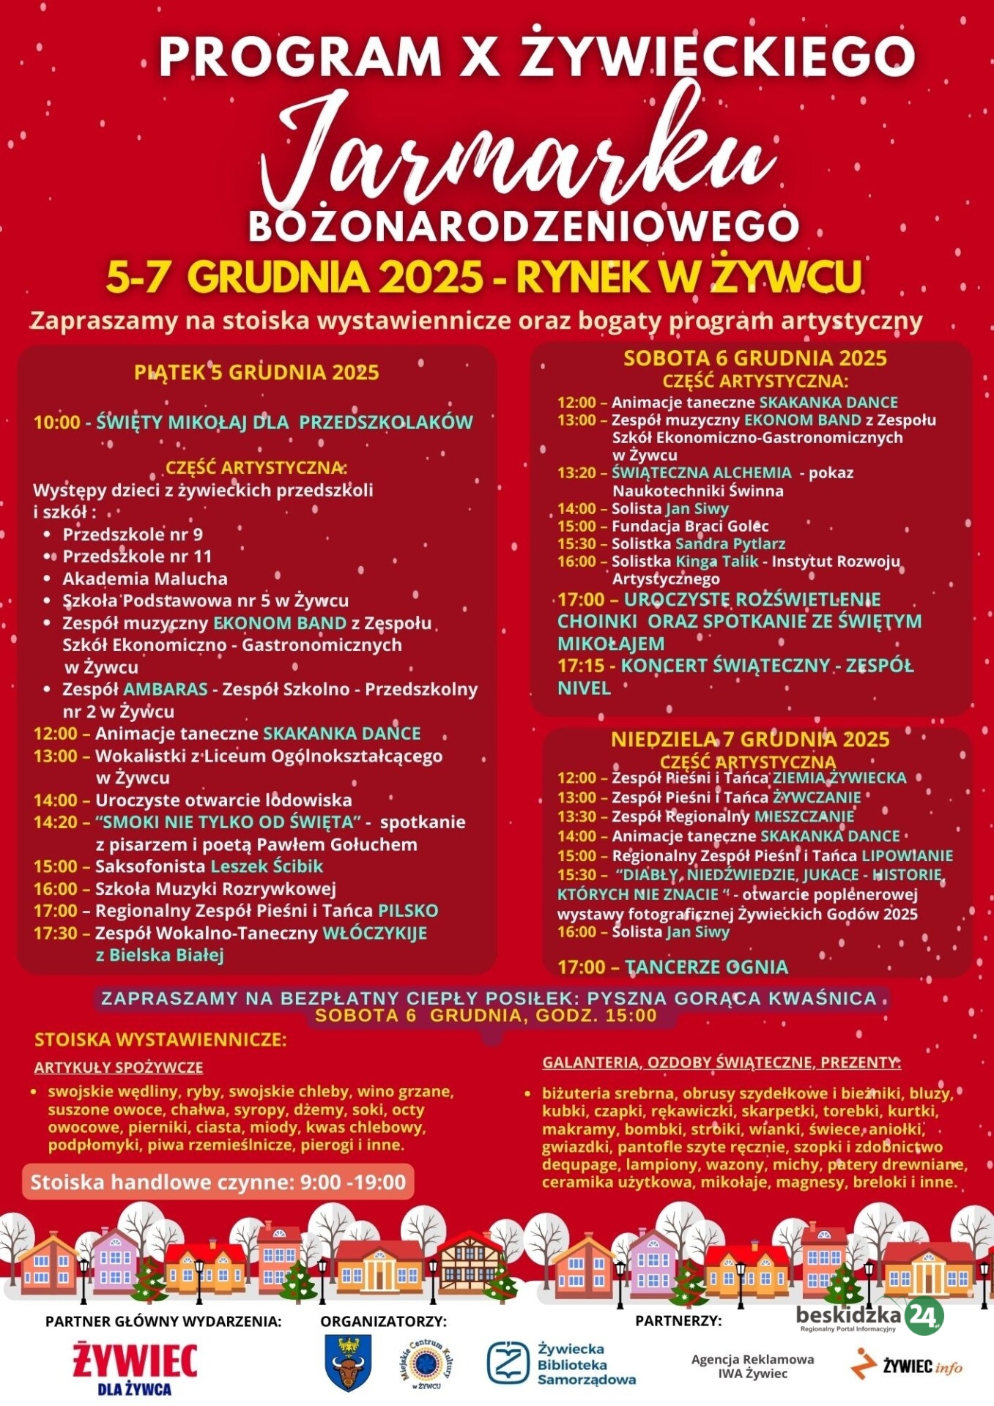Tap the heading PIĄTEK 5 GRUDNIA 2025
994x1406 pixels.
[256, 372]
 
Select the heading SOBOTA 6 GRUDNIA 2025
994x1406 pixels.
[754, 358]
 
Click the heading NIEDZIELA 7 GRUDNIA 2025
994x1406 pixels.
[750, 739]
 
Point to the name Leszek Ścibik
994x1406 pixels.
[267, 866]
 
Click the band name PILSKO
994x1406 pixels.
[408, 910]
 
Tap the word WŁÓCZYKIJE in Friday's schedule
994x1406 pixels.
[374, 933]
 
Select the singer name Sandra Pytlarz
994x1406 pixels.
[730, 543]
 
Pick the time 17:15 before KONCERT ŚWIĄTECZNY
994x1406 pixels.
[581, 666]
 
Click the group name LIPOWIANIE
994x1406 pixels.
[907, 855]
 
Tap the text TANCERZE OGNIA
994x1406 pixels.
[706, 967]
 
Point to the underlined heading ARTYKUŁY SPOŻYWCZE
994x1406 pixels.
[119, 1067]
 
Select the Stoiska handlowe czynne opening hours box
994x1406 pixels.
[218, 1182]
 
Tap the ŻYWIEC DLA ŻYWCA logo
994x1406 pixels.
[135, 1367]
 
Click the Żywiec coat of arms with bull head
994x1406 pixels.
[348, 1363]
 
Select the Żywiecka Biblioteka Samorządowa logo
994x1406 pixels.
[561, 1364]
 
